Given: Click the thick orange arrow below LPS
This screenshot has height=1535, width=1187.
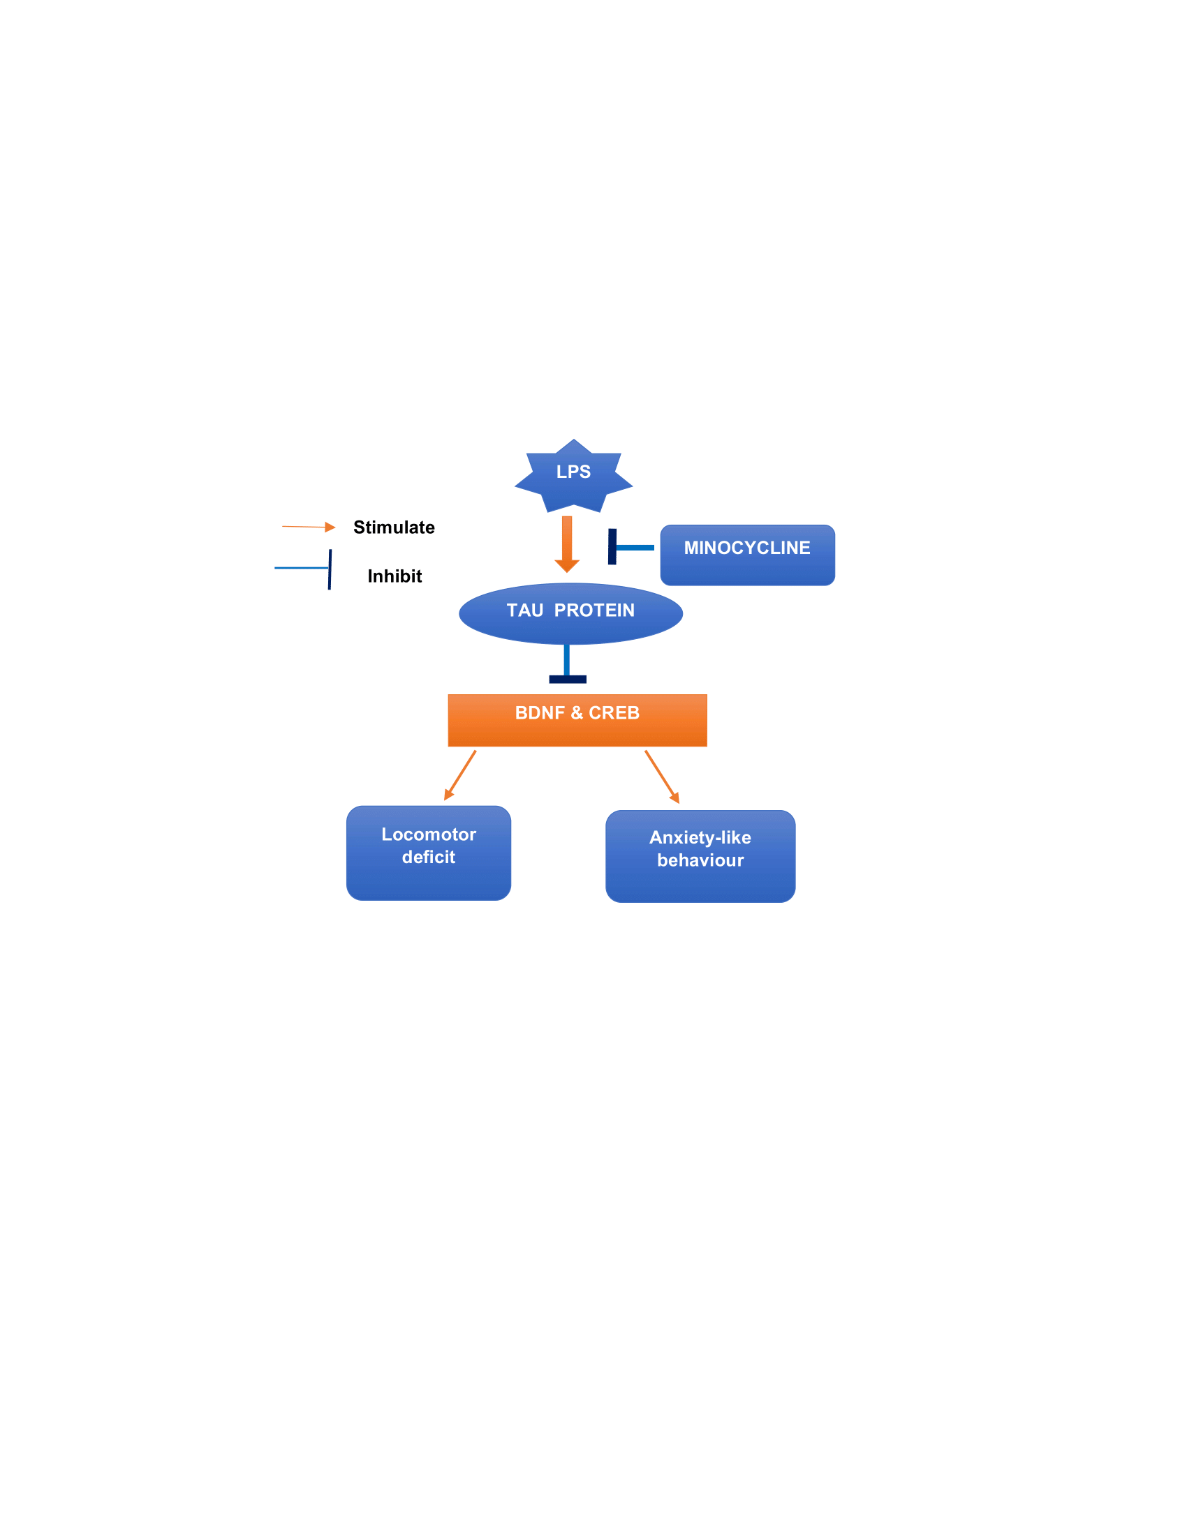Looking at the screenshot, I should pyautogui.click(x=567, y=545).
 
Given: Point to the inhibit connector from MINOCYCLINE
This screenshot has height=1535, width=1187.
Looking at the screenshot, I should pyautogui.click(x=630, y=548).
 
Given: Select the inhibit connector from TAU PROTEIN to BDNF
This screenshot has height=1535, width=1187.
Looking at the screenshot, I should pyautogui.click(x=567, y=665).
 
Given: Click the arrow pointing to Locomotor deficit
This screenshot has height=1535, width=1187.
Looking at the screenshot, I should pyautogui.click(x=460, y=775).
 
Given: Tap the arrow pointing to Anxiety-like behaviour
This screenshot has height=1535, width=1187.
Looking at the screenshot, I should pyautogui.click(x=662, y=777).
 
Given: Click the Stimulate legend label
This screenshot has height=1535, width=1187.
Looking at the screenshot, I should pyautogui.click(x=394, y=527).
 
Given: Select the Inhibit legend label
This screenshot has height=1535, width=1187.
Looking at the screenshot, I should pyautogui.click(x=395, y=576).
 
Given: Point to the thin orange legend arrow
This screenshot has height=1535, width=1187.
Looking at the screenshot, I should pyautogui.click(x=308, y=526).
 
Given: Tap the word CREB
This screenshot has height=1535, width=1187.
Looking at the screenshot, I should pyautogui.click(x=614, y=712).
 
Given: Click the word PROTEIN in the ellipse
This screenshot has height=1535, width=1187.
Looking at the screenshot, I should pyautogui.click(x=594, y=610).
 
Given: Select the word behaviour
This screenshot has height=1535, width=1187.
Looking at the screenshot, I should pyautogui.click(x=700, y=860).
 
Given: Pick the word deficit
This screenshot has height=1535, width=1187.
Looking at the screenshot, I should pyautogui.click(x=428, y=857).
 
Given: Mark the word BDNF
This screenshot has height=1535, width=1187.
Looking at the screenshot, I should pyautogui.click(x=539, y=712).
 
